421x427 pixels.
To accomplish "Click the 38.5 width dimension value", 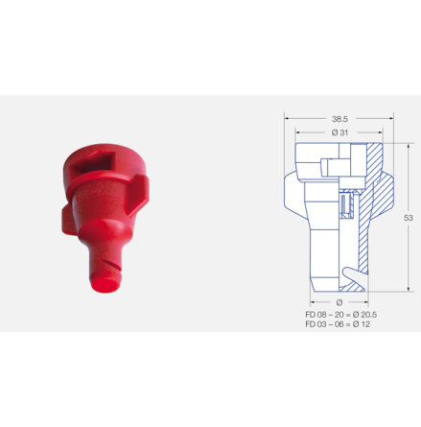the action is (339, 119).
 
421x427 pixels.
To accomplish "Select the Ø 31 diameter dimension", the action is (339, 132).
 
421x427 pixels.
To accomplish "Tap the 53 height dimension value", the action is (409, 218).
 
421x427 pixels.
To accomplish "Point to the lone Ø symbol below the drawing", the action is (339, 302).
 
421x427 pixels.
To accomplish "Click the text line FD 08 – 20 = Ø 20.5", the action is (340, 315).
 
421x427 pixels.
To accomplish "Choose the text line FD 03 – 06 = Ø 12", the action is (338, 324).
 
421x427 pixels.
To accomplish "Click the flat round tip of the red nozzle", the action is (105, 284).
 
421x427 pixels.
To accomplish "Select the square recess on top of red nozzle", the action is (92, 165).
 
